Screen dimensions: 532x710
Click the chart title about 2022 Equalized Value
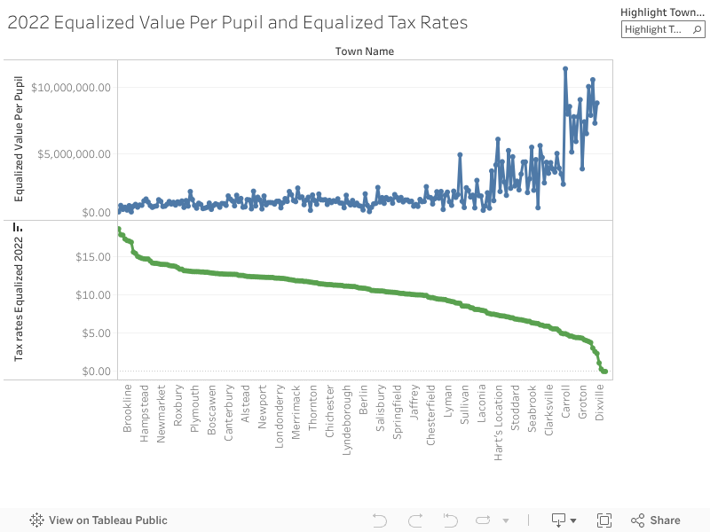click(x=237, y=23)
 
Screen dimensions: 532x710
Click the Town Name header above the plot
click(x=364, y=51)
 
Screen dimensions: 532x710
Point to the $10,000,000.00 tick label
click(x=71, y=87)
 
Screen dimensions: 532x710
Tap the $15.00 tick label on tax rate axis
click(x=91, y=257)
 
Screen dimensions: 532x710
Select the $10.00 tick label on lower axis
click(x=91, y=295)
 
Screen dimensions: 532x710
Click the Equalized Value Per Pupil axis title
click(x=19, y=138)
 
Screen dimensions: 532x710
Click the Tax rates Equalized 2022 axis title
click(x=19, y=293)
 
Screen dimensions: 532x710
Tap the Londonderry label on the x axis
click(x=280, y=416)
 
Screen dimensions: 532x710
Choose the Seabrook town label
click(x=532, y=407)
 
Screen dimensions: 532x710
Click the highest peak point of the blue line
click(x=565, y=68)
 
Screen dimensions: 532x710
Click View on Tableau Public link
click(x=99, y=520)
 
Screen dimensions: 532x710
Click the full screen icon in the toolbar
click(x=604, y=520)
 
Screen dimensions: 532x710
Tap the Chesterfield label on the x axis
click(x=431, y=415)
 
